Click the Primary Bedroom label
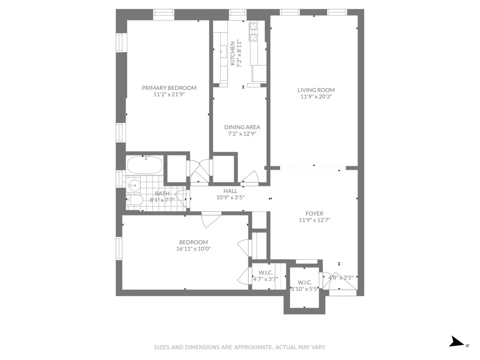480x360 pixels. pyautogui.click(x=169, y=88)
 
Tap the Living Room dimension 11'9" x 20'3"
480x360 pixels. pyautogui.click(x=316, y=96)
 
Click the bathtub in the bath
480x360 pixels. pyautogui.click(x=144, y=165)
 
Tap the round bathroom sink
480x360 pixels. pyautogui.click(x=134, y=185)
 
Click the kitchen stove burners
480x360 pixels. pyautogui.click(x=254, y=32)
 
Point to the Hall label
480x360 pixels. pyautogui.click(x=230, y=191)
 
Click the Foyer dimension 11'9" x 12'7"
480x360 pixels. pyautogui.click(x=314, y=220)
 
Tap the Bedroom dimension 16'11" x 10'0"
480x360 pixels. pyautogui.click(x=194, y=248)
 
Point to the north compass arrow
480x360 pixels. pyautogui.click(x=456, y=342)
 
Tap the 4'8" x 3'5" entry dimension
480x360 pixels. pyautogui.click(x=340, y=277)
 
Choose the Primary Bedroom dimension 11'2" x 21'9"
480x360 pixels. pyautogui.click(x=169, y=95)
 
